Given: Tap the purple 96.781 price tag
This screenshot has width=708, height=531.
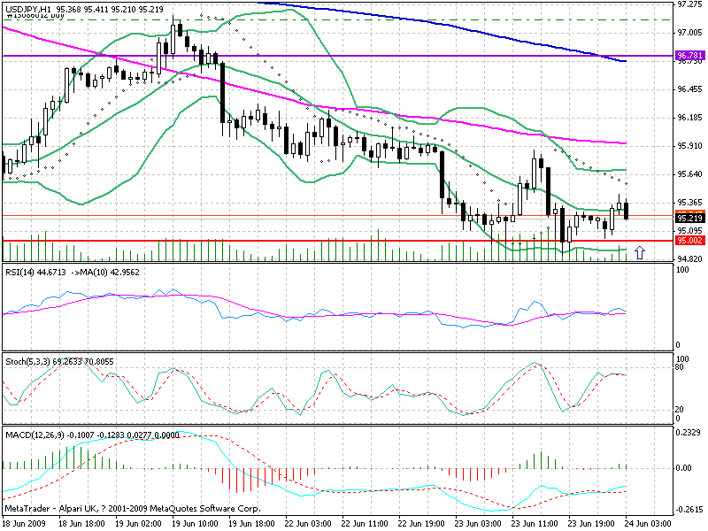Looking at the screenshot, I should point(689,56).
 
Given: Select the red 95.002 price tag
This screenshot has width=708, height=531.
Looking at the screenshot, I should point(689,240).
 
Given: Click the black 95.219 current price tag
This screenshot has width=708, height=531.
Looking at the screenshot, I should point(689,218).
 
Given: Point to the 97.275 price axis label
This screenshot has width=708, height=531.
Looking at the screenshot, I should point(689,4).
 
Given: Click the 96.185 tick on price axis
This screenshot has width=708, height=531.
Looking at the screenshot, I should point(689,117).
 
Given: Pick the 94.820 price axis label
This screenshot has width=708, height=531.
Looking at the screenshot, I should point(689,258).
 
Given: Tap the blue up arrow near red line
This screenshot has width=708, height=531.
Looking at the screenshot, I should point(640,251).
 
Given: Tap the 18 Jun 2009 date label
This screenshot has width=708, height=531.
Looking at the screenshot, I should point(26,524).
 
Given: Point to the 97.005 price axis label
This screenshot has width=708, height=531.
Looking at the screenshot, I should point(689,33).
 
